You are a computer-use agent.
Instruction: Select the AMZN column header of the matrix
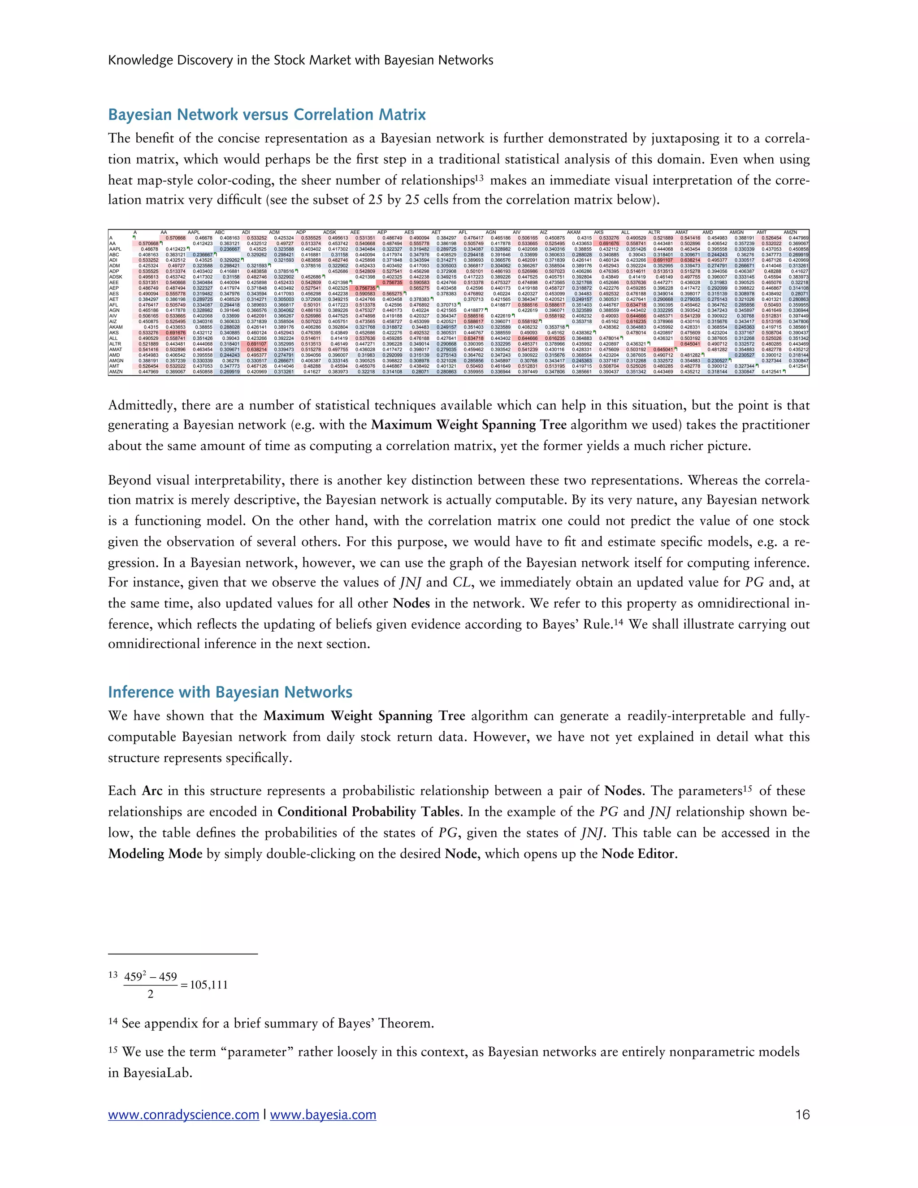pyautogui.click(x=790, y=232)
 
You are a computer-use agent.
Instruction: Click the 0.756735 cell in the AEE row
pyautogui.click(x=392, y=282)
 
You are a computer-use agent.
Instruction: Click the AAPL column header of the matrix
pyautogui.click(x=194, y=232)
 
